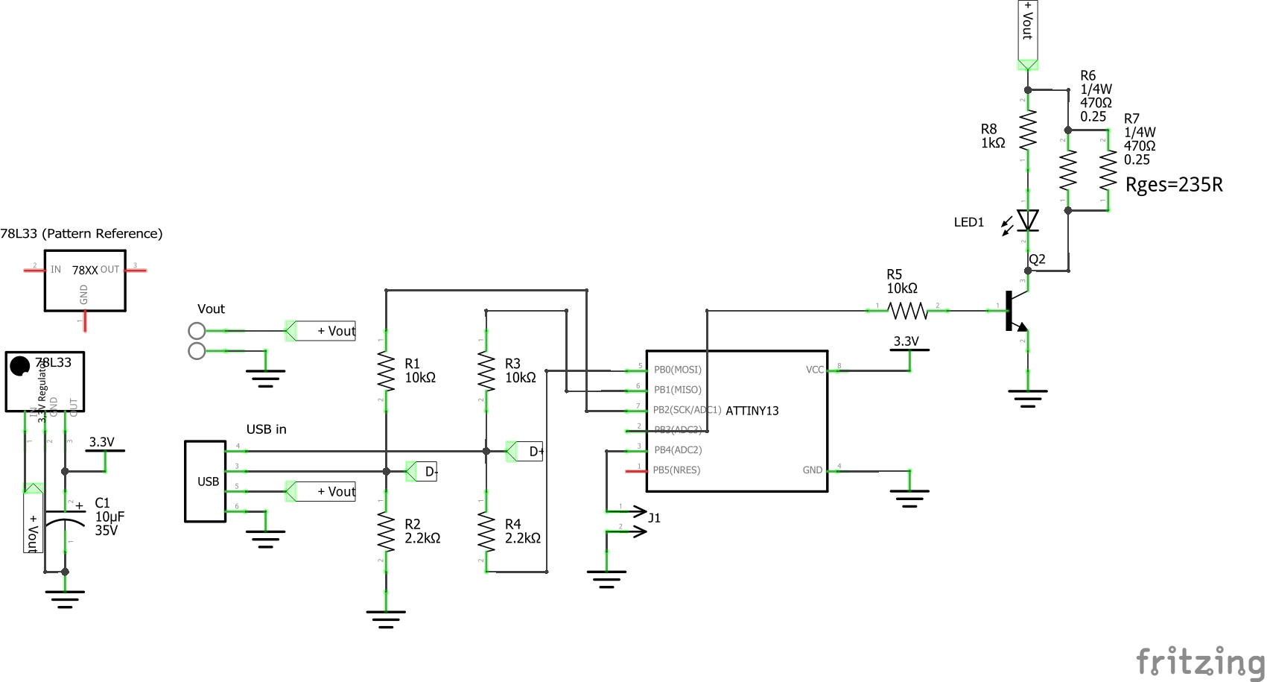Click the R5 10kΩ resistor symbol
[908, 310]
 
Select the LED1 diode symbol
[1028, 220]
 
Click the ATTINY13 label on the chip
[752, 411]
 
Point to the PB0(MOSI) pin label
[677, 370]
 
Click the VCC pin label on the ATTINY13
[815, 370]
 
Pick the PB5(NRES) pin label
[676, 470]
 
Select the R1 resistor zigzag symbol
[386, 371]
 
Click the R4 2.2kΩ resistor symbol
[486, 531]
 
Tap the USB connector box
[206, 481]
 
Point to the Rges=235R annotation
[1174, 185]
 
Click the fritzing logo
[1200, 661]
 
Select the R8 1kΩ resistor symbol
[1028, 131]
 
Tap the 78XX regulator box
[85, 280]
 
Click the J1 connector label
[654, 518]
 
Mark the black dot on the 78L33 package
[19, 366]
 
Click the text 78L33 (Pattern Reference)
[81, 233]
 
